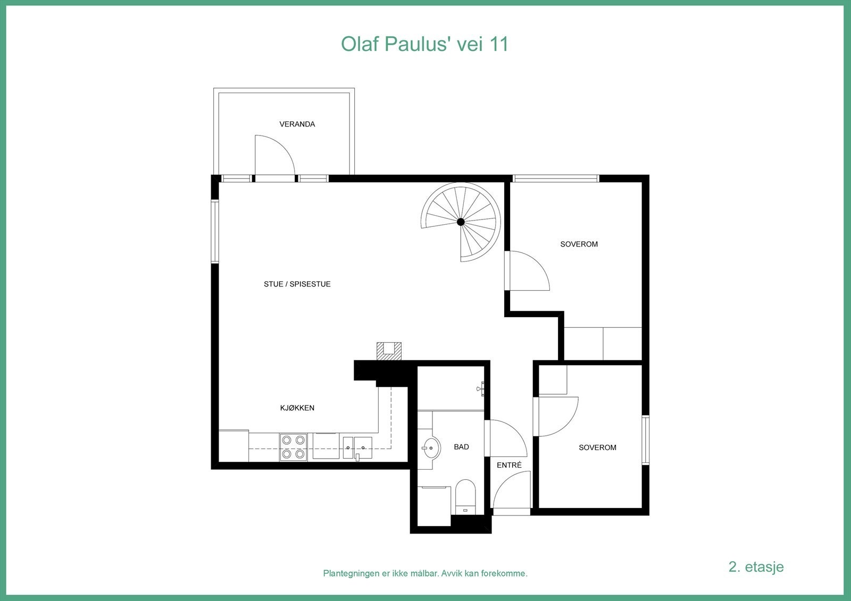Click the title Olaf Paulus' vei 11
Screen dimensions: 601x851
(424, 44)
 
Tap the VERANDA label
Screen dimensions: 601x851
(297, 124)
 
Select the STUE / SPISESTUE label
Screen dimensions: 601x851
(297, 284)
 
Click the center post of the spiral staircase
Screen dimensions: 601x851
(461, 222)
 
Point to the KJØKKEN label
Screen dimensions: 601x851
(297, 408)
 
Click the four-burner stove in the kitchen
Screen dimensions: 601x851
(294, 447)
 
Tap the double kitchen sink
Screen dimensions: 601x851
(357, 447)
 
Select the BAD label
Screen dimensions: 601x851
(461, 447)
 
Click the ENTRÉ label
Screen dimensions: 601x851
(509, 465)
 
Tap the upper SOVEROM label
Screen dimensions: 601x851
(579, 244)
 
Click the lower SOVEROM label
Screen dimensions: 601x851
(597, 447)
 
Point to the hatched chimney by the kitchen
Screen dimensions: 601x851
(389, 351)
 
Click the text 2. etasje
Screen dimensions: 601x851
(756, 566)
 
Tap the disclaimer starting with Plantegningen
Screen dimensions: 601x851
(425, 573)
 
